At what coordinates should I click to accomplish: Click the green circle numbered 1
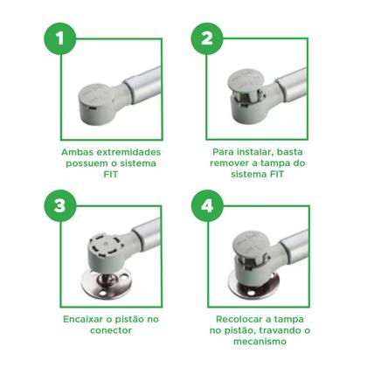tap(60, 38)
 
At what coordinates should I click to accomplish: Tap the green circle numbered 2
tap(207, 38)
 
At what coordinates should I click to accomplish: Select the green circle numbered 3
tap(60, 205)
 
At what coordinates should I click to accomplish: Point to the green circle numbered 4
tap(207, 205)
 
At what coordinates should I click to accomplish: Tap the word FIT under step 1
tap(111, 175)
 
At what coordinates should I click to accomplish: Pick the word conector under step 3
tap(111, 330)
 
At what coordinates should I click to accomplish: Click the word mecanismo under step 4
tap(260, 342)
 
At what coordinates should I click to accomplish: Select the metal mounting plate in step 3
tap(107, 284)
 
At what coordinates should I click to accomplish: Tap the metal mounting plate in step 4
tap(253, 287)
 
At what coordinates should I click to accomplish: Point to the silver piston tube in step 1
tap(142, 85)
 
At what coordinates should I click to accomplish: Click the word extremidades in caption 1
tap(128, 152)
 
